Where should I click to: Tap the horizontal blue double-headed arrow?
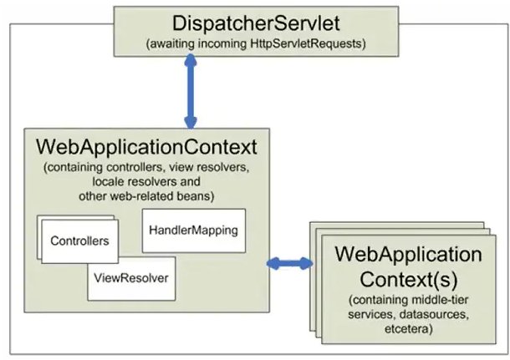coord(289,264)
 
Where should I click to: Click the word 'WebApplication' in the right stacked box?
coord(408,253)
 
